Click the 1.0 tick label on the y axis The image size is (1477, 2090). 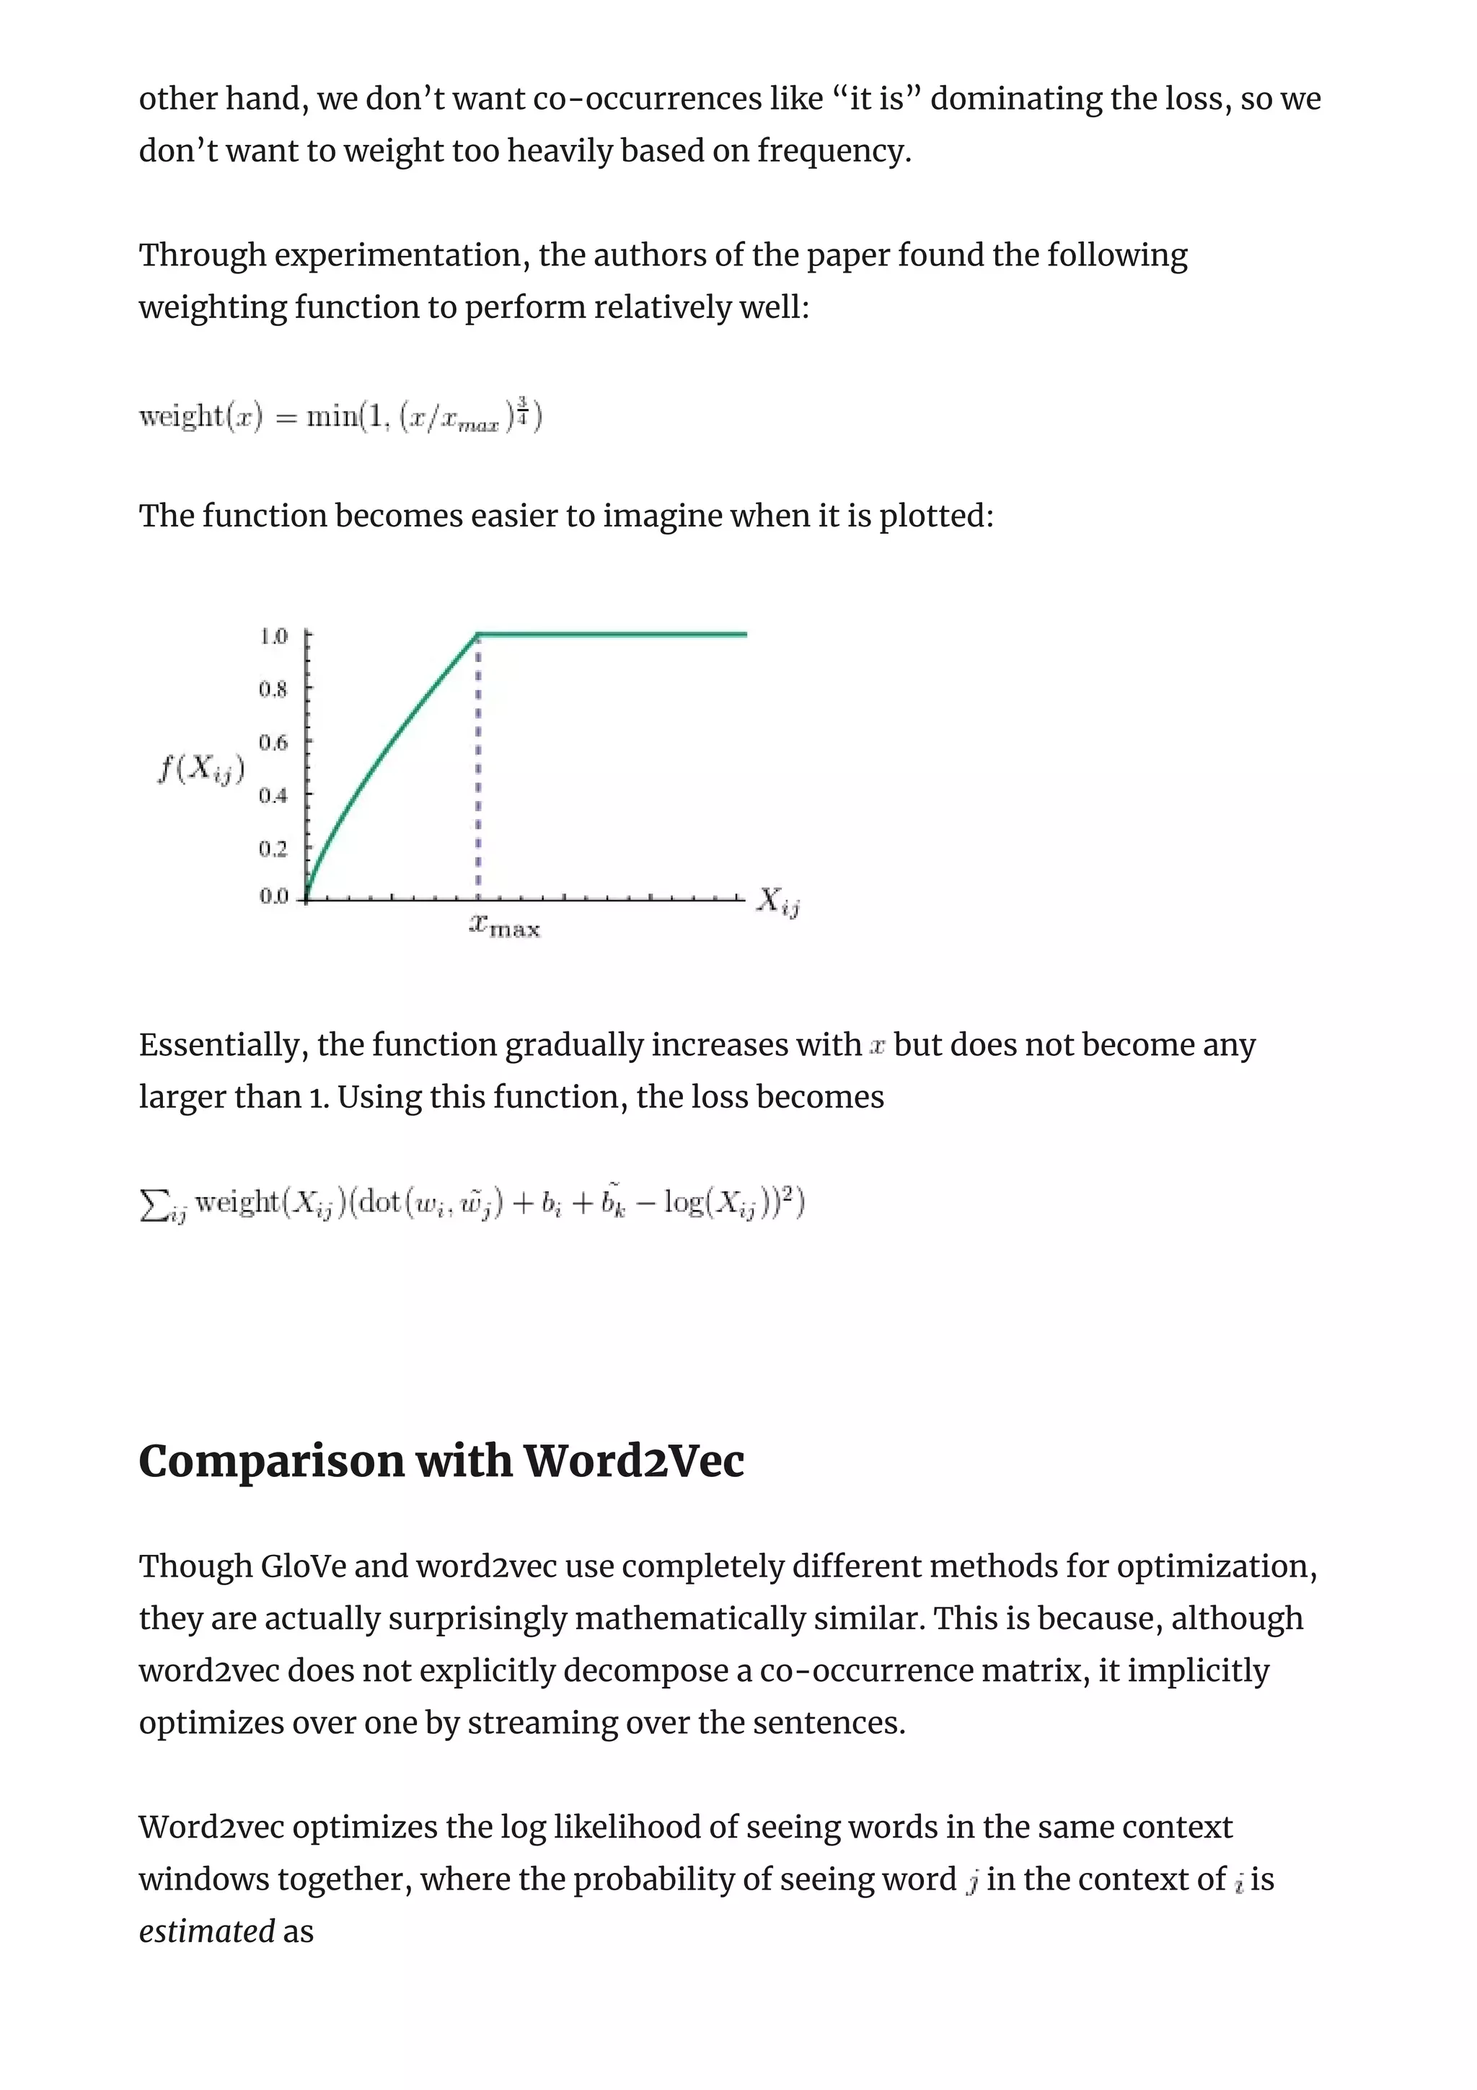coord(273,635)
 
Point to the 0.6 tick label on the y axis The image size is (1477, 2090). coord(273,743)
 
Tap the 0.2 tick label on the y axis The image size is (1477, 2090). coord(273,848)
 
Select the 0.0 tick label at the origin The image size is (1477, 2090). coord(273,896)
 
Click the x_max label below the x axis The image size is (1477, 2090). coord(505,927)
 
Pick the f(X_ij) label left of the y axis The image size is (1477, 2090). coord(201,770)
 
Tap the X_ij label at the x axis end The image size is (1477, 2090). coord(778,902)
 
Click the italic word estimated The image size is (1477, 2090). coord(206,1931)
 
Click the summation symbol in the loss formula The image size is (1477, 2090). coord(153,1204)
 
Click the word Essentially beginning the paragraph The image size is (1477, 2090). coord(219,1045)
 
